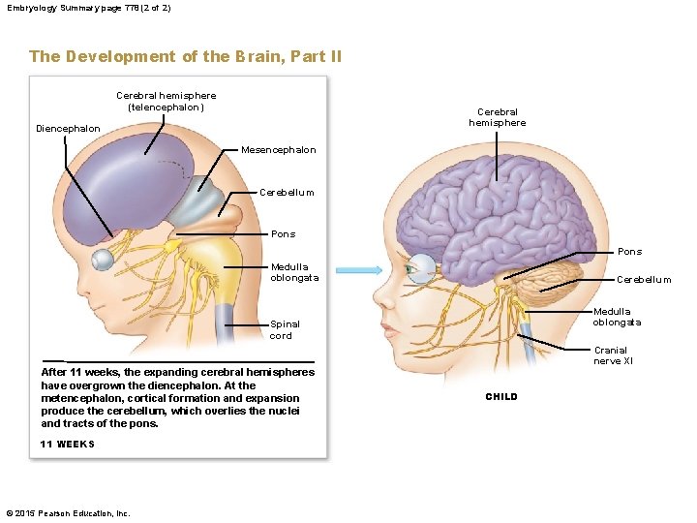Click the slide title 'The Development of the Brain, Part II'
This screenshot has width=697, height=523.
pos(185,56)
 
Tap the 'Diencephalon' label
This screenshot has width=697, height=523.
pos(67,129)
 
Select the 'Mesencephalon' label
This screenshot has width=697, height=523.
pos(278,150)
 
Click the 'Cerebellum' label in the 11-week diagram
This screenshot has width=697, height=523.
pos(287,192)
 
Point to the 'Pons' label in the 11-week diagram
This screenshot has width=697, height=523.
pos(283,234)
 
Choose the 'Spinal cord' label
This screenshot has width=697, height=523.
pos(285,330)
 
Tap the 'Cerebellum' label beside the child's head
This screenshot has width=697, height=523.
pos(644,279)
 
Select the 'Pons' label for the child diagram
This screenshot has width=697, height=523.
pos(629,252)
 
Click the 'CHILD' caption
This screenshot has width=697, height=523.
pos(501,397)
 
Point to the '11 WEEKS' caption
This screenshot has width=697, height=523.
pos(68,445)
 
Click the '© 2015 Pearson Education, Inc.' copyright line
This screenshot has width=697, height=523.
pos(68,513)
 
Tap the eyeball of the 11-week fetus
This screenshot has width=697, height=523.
pos(103,260)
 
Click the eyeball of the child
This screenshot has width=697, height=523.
pos(422,268)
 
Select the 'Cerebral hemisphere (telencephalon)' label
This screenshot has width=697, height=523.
pos(166,102)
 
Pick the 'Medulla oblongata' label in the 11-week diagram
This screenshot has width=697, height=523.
pos(289,272)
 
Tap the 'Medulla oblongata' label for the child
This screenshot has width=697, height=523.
pos(617,317)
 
